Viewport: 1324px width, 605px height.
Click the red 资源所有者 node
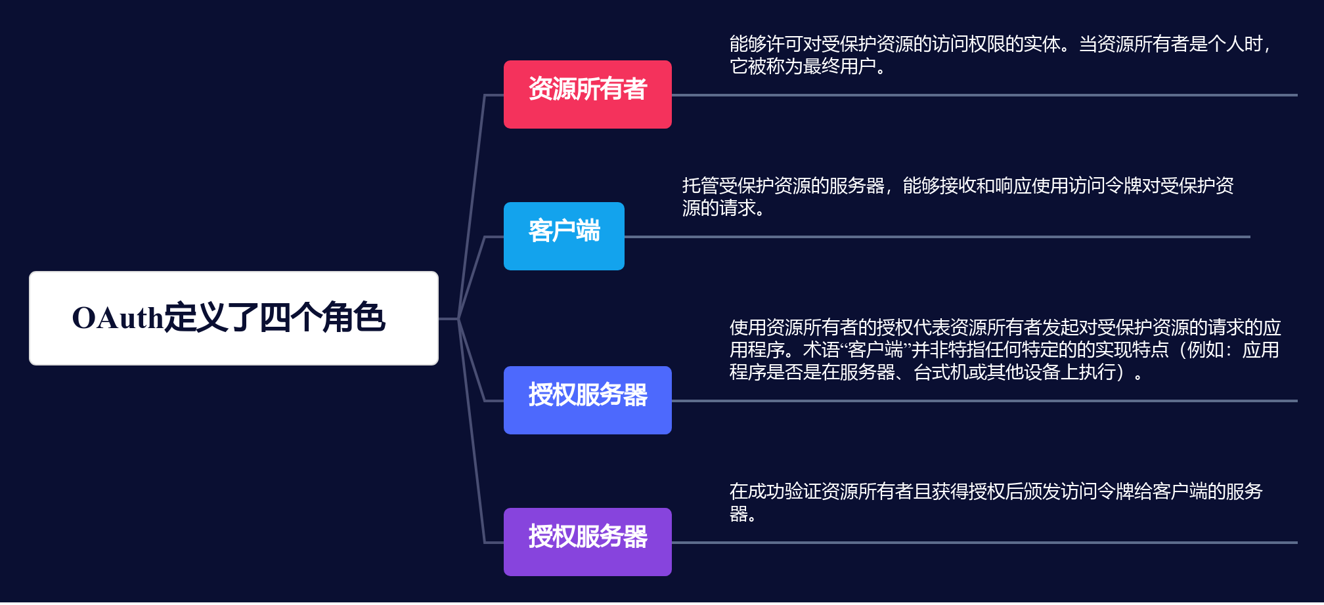(587, 94)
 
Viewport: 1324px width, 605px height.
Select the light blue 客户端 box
(563, 236)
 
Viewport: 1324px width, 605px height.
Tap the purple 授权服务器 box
(587, 542)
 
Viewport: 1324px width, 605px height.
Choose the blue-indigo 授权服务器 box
(587, 400)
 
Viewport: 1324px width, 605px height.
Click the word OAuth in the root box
(118, 318)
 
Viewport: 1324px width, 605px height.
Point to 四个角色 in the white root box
(322, 318)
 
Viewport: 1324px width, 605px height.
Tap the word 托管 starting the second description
(701, 186)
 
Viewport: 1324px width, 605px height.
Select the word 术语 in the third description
(821, 350)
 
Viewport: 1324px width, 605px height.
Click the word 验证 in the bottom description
(803, 491)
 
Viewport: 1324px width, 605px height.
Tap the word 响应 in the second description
(1014, 186)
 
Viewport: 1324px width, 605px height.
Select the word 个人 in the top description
(1225, 44)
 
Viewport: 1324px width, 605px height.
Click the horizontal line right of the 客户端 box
(937, 236)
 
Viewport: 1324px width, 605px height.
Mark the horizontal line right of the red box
(984, 94)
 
